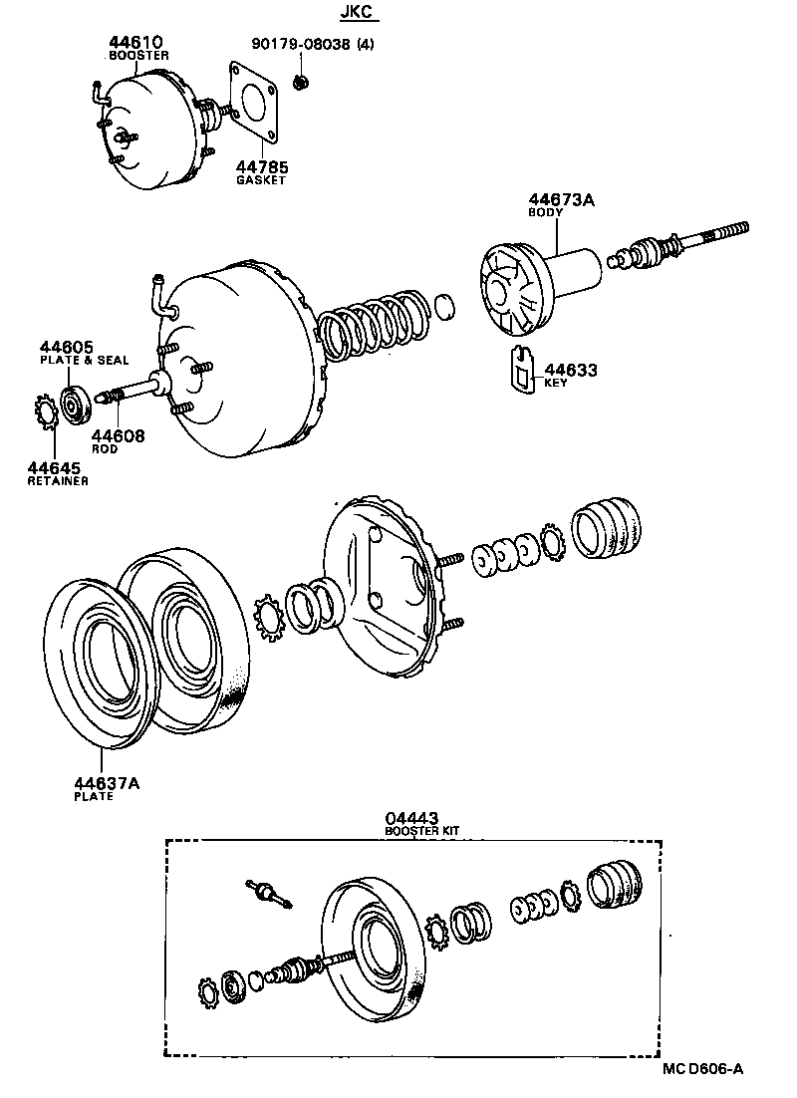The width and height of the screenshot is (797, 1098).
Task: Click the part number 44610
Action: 135,43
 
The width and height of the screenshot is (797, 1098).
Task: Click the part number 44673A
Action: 561,200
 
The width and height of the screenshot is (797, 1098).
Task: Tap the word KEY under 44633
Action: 556,383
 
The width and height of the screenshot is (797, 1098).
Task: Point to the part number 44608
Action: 118,435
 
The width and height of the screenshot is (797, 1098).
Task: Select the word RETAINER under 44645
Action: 58,480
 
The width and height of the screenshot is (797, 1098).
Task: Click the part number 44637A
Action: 107,783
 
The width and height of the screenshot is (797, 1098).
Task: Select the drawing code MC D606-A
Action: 703,1070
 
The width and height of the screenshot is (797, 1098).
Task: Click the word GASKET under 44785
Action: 261,180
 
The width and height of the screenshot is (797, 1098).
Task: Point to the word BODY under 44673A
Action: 545,212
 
